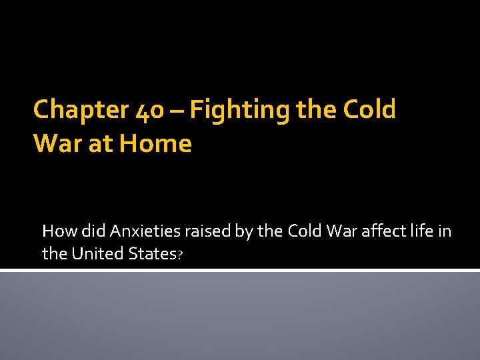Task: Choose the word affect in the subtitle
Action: (x=380, y=231)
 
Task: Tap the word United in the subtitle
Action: (x=95, y=253)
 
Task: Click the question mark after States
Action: (x=179, y=255)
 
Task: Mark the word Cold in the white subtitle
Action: (x=303, y=231)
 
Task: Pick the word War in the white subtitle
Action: (x=339, y=231)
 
